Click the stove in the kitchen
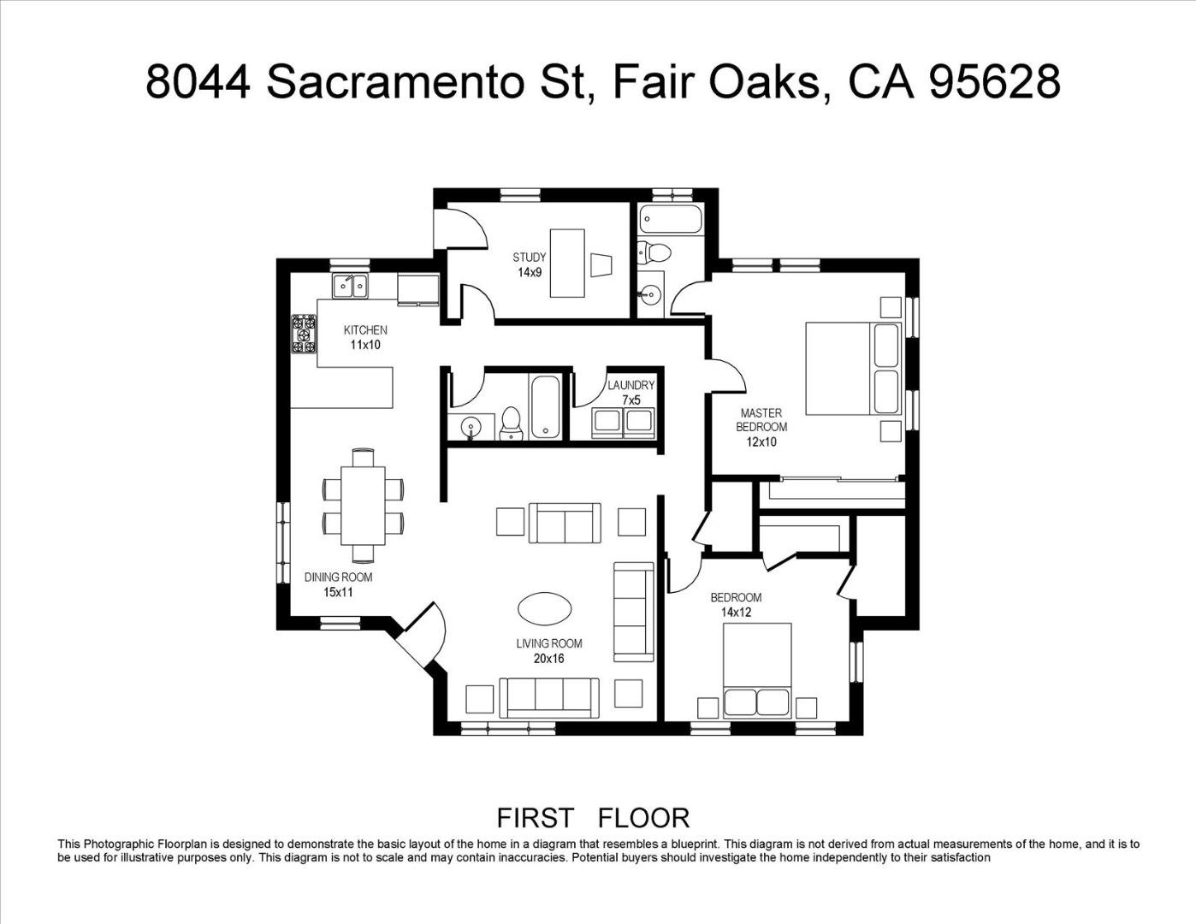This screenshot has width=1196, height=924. click(304, 335)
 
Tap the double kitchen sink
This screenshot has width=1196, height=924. click(350, 286)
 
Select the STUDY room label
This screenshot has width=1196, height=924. click(530, 264)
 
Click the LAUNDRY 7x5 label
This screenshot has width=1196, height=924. click(631, 392)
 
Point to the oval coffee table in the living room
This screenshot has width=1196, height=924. click(545, 608)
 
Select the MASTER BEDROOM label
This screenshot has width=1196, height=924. click(761, 427)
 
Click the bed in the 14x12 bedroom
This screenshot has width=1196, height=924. click(757, 670)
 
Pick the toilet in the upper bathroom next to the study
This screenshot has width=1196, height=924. click(654, 252)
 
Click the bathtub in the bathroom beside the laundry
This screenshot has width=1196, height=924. click(545, 407)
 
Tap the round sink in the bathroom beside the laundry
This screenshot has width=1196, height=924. click(470, 426)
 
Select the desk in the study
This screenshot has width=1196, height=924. click(567, 263)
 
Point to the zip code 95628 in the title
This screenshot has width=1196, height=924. click(994, 82)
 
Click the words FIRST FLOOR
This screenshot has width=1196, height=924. click(593, 818)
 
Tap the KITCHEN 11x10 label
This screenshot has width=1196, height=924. click(365, 337)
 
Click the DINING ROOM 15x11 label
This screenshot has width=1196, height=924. click(338, 584)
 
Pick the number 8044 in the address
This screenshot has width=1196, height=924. click(198, 82)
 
